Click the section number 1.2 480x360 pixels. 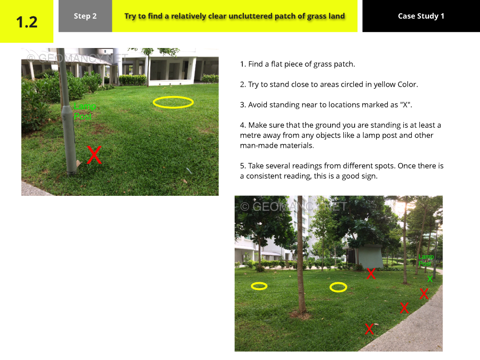point(26,22)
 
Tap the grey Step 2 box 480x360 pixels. point(85,16)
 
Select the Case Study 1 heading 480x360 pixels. point(421,16)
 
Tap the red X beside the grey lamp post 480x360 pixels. point(94,155)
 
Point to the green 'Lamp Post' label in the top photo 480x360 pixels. point(84,111)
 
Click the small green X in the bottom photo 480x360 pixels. point(430,279)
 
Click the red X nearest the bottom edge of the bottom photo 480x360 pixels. point(370,329)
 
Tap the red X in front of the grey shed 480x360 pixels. point(371,274)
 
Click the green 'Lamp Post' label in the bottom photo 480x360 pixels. point(426,260)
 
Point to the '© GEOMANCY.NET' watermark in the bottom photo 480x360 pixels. point(293,206)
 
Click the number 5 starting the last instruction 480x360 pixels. point(242,166)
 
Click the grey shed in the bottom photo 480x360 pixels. point(365,256)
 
